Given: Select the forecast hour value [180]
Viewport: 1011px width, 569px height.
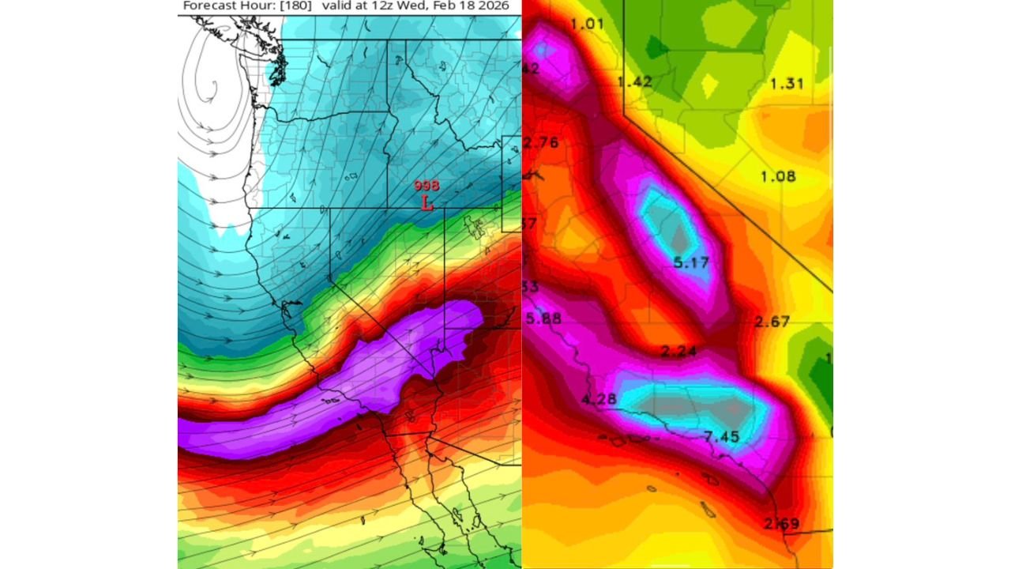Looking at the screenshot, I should (295, 6).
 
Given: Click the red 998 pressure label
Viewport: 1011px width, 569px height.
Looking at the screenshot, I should (427, 186).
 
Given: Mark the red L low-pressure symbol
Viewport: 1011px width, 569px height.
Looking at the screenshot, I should (427, 202).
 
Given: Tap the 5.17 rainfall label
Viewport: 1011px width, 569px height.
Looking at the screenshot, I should (691, 262).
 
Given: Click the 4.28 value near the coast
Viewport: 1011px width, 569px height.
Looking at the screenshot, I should (599, 399).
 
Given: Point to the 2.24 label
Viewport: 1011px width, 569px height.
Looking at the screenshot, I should (678, 352).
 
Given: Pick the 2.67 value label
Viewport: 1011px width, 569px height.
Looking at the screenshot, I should (772, 321).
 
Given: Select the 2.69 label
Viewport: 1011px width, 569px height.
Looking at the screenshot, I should (781, 523).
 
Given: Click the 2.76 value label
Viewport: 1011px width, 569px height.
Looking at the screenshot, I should (541, 142).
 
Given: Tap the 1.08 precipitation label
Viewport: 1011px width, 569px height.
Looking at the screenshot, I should (778, 176).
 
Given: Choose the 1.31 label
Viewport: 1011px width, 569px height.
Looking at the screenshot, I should (787, 84).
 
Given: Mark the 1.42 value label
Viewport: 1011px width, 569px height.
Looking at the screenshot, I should (634, 81).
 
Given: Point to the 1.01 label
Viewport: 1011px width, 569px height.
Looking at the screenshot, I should (587, 24).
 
